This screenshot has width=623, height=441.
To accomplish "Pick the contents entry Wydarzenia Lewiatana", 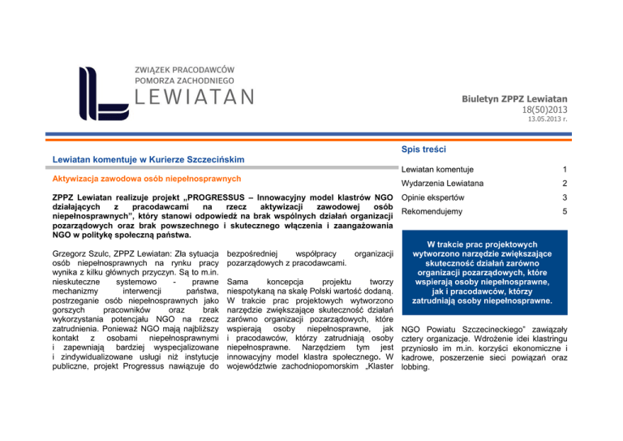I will click(445, 184).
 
